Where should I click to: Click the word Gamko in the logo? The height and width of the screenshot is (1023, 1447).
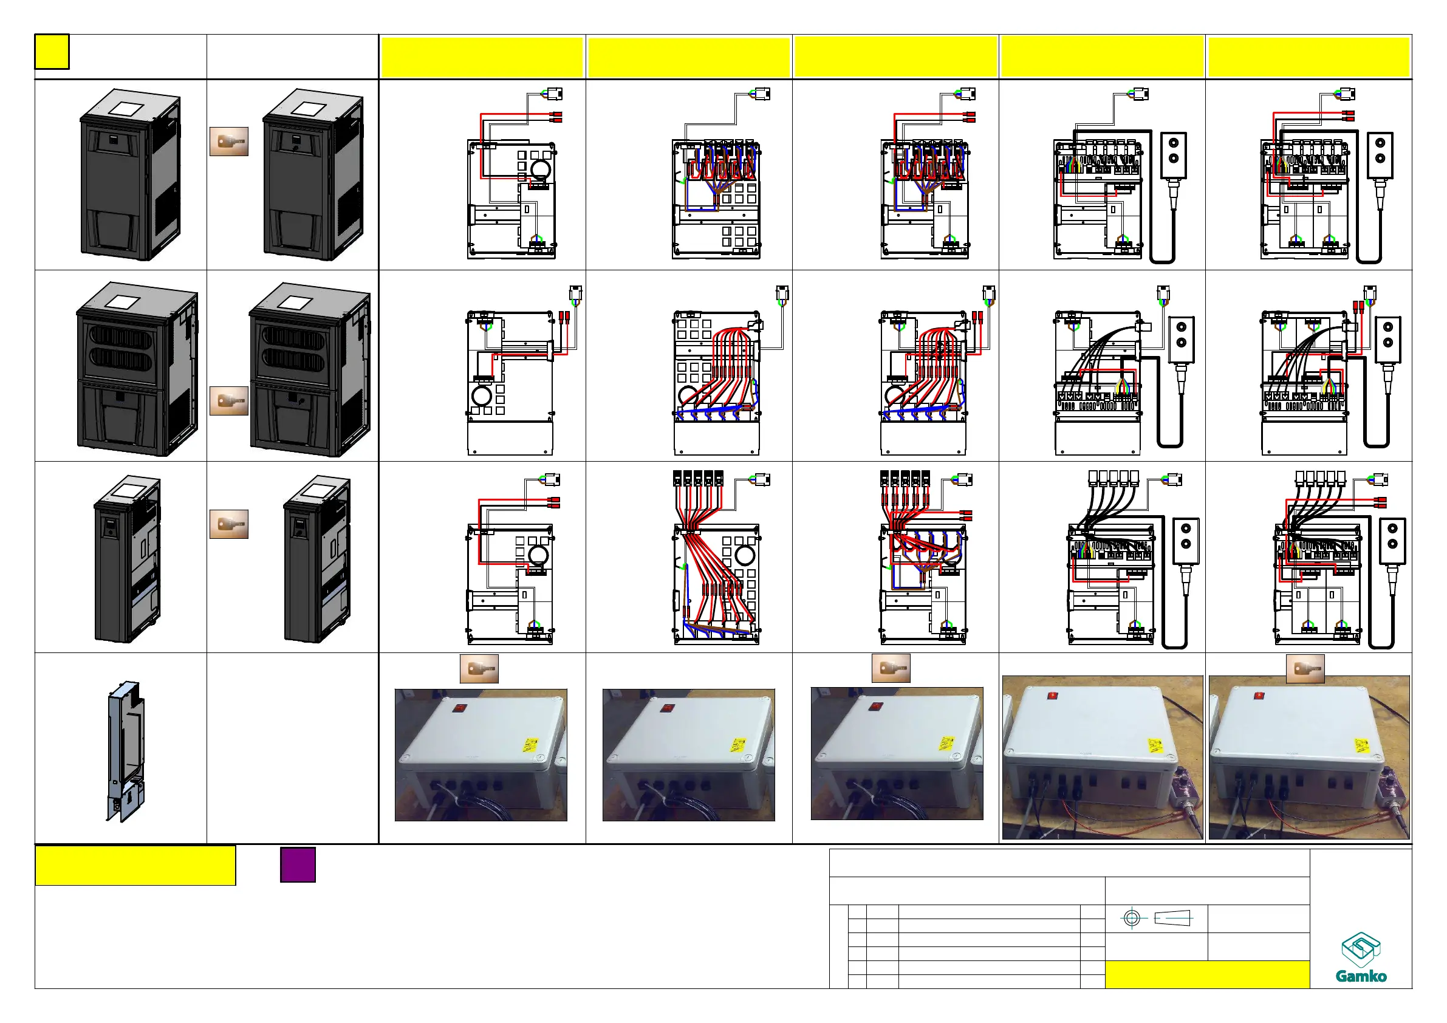pyautogui.click(x=1361, y=976)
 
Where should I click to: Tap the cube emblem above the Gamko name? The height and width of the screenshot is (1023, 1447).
pyautogui.click(x=1361, y=949)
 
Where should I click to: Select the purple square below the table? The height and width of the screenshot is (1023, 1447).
pyautogui.click(x=298, y=865)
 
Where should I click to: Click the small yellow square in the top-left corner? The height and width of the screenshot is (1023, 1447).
pyautogui.click(x=52, y=52)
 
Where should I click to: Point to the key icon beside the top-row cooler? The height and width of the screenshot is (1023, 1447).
pyautogui.click(x=229, y=142)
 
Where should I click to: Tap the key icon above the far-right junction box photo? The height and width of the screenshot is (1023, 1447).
pyautogui.click(x=1305, y=668)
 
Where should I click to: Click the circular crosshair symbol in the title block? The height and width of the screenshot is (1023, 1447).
pyautogui.click(x=1132, y=919)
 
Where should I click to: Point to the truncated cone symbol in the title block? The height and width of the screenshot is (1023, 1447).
pyautogui.click(x=1172, y=919)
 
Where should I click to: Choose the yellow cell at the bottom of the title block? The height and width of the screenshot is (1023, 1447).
pyautogui.click(x=1207, y=974)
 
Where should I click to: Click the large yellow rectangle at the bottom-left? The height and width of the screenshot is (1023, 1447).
pyautogui.click(x=135, y=866)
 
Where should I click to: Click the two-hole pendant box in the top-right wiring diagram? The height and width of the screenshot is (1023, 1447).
pyautogui.click(x=1380, y=155)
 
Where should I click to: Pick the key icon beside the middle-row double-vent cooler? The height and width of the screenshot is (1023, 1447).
pyautogui.click(x=229, y=401)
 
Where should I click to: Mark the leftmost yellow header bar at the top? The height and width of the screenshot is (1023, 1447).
pyautogui.click(x=482, y=56)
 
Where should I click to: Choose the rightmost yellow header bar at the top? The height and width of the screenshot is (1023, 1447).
pyautogui.click(x=1308, y=56)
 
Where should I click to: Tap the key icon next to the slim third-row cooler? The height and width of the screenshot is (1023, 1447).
pyautogui.click(x=229, y=524)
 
